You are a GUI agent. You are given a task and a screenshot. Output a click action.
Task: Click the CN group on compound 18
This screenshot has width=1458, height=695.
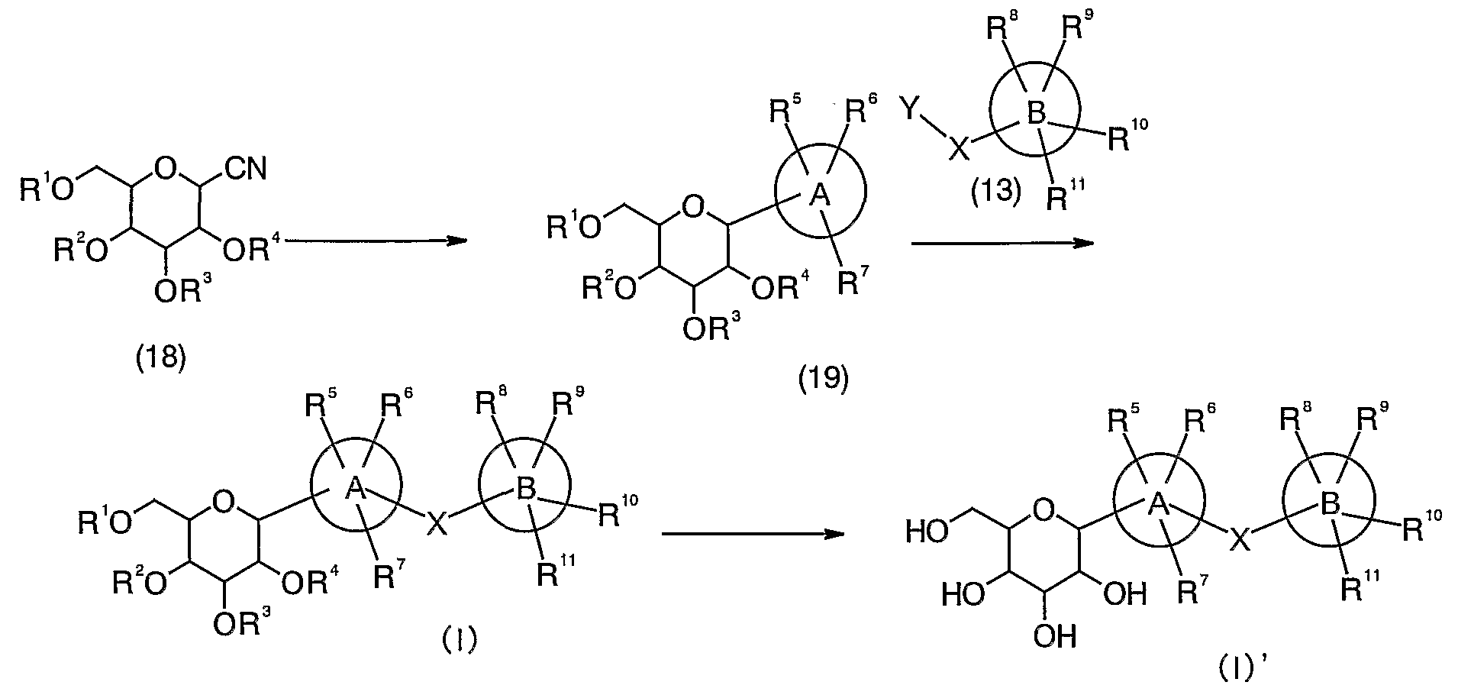(x=246, y=168)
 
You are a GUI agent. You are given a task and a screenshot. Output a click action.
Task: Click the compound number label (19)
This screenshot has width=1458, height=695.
(x=823, y=380)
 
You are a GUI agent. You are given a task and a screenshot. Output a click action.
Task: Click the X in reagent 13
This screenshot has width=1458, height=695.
(x=960, y=147)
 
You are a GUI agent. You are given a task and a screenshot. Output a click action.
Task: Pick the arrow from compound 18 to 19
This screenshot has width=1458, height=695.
(x=374, y=241)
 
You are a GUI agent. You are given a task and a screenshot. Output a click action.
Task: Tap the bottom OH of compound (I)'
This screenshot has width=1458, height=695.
(x=1056, y=635)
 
